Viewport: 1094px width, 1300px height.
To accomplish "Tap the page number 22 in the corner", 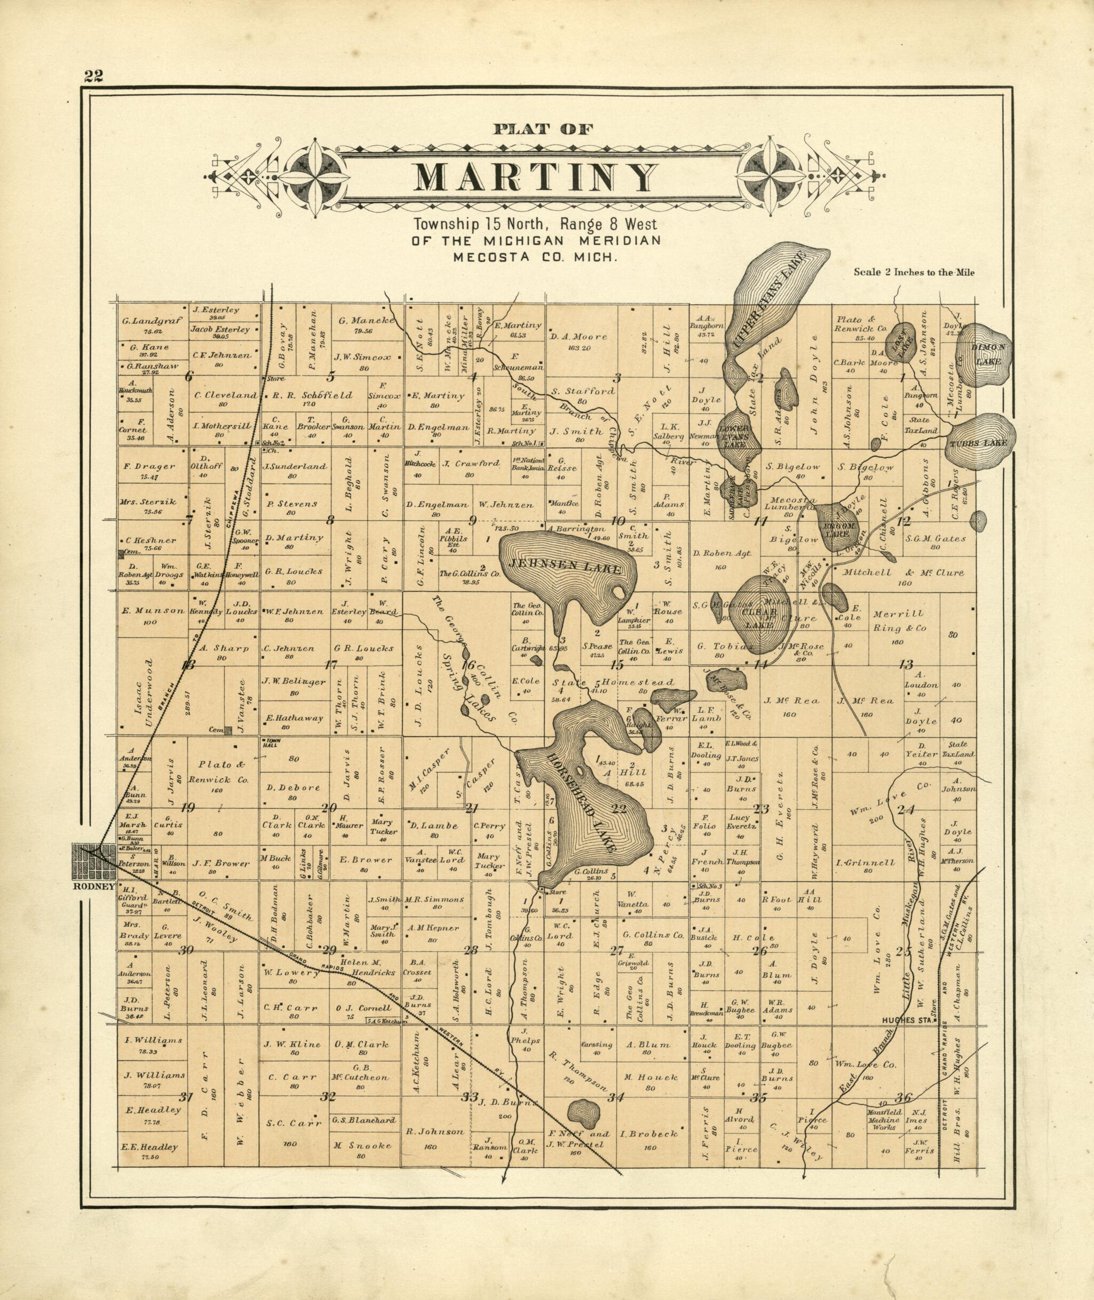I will (x=94, y=76).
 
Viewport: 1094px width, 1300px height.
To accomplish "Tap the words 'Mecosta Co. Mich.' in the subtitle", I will (x=536, y=256).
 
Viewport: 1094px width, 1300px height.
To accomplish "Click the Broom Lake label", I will (x=839, y=527).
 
